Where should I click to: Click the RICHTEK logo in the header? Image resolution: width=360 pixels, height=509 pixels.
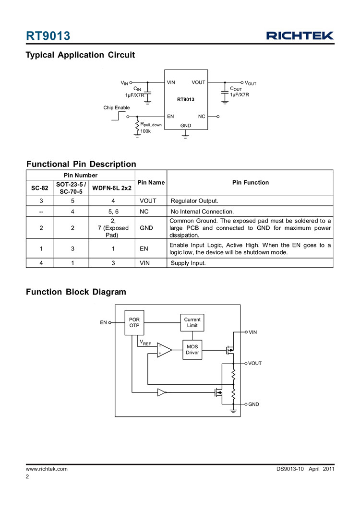[300, 36]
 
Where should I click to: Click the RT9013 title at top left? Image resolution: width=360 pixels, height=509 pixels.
[48, 36]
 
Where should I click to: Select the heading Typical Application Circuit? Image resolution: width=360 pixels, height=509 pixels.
[80, 55]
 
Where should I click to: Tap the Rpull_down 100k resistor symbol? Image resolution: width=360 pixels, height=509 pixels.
[138, 127]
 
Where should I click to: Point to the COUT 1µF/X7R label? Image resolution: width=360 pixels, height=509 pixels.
[239, 92]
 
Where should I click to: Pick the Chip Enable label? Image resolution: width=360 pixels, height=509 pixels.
[117, 107]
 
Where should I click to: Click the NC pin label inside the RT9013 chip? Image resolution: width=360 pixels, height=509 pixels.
[201, 117]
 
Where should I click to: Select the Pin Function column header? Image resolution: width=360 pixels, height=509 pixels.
[250, 182]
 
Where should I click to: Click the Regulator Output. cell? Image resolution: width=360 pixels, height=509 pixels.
[194, 201]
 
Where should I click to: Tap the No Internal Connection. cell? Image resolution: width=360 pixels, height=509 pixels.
[202, 211]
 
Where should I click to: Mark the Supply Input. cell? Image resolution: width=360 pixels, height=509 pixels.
[188, 263]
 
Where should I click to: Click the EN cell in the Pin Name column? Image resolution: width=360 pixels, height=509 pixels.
[145, 249]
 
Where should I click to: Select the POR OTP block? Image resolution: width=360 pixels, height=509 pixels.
[134, 322]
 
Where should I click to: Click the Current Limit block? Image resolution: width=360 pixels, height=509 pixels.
[192, 322]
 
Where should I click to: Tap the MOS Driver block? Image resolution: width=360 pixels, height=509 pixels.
[192, 349]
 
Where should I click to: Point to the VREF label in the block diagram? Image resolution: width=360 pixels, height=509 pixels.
[145, 343]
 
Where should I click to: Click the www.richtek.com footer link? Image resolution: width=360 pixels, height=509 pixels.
[47, 468]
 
